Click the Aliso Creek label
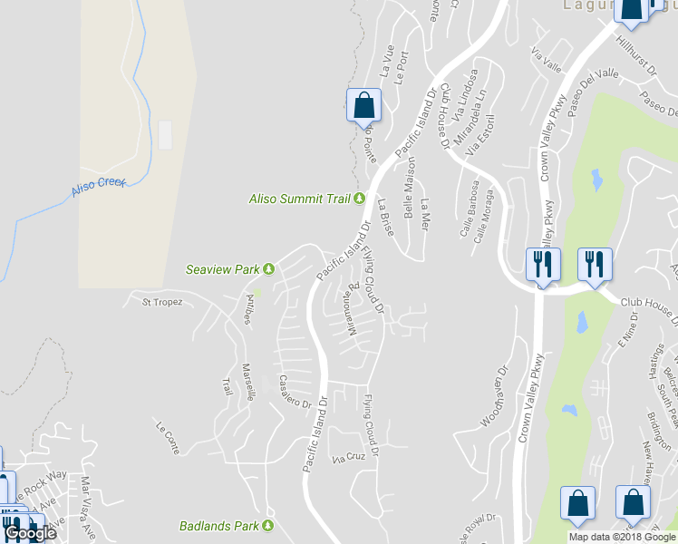tap(99, 188)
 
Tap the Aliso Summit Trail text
tap(300, 199)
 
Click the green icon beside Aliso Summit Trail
tap(359, 199)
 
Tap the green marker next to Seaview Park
tap(268, 269)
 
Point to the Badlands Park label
tap(218, 526)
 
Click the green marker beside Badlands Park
tap(268, 526)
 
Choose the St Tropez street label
tap(162, 302)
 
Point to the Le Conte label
tap(169, 437)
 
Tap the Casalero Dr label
tap(296, 391)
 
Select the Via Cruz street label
tap(348, 457)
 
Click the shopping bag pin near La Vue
tap(363, 105)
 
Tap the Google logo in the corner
tap(31, 533)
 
